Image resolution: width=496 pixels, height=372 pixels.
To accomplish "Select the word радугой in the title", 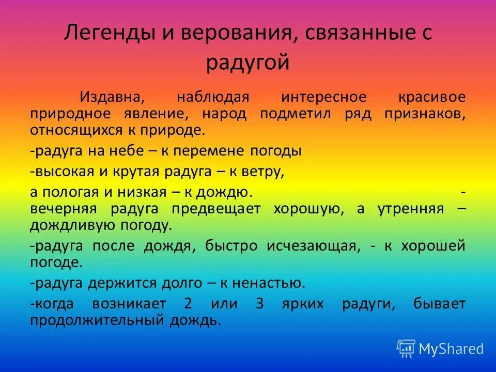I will point(247,64).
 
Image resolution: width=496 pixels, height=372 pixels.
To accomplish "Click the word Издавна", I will point(111,97).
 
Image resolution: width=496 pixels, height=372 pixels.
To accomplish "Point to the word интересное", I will point(324,97).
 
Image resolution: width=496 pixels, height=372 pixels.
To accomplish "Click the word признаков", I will point(425,113).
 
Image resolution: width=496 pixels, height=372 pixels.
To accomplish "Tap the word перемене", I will point(214,151).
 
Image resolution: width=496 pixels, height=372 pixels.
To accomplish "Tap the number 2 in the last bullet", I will point(188,304).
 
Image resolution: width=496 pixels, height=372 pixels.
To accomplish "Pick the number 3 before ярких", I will point(259,304).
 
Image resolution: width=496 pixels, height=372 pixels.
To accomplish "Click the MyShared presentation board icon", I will point(406,349).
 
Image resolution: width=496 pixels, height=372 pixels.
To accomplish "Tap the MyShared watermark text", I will point(451,349).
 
